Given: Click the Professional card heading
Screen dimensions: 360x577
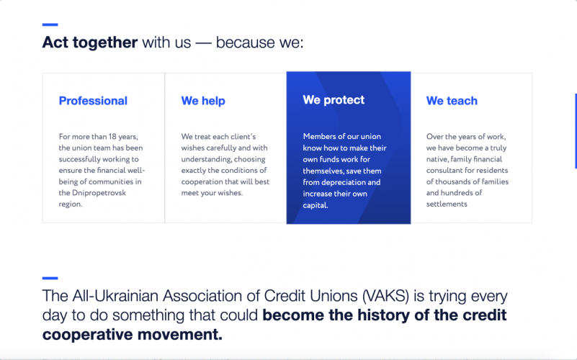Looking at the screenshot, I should (93, 101).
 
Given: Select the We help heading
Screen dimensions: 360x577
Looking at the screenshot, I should (203, 101).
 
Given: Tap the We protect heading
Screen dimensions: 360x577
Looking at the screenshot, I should (334, 100).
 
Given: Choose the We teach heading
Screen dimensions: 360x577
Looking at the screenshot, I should (452, 101).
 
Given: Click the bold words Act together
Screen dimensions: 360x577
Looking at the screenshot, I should (89, 42).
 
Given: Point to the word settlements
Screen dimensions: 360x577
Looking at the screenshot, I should (447, 204).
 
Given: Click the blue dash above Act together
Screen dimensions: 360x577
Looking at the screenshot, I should (50, 24).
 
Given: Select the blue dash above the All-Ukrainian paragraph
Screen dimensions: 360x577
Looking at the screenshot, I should (50, 277).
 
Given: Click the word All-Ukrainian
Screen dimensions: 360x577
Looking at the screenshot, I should (109, 297).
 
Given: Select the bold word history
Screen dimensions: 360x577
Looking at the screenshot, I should (390, 315).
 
